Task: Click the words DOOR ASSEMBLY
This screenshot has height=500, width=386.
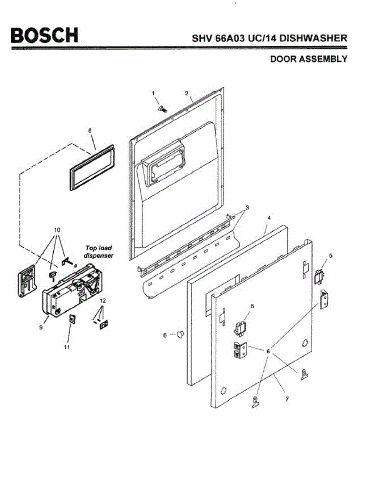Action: (309, 59)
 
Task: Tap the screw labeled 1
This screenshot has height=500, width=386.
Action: (162, 109)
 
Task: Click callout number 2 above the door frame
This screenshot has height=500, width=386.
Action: (187, 93)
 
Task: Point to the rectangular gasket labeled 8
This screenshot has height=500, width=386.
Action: (92, 168)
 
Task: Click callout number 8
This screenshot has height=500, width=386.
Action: (90, 131)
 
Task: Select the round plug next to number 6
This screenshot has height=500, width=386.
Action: (180, 333)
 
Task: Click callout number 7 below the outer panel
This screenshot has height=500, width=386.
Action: (287, 399)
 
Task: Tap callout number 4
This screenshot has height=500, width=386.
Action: (269, 218)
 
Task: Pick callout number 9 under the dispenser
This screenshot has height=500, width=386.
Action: (41, 327)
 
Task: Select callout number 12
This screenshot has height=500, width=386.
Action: (103, 300)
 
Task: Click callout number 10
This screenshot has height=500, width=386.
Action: (57, 230)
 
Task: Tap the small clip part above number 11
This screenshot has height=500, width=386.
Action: (72, 319)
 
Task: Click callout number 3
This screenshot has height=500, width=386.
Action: (247, 207)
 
